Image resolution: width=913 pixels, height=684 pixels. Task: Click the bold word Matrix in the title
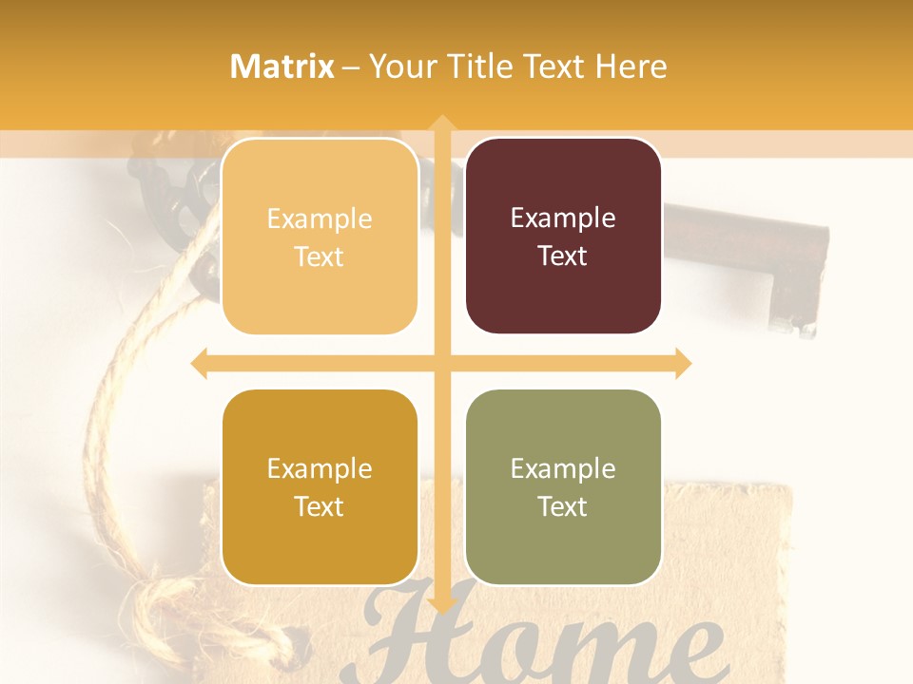(x=282, y=66)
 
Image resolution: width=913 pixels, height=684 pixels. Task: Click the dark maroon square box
(x=563, y=236)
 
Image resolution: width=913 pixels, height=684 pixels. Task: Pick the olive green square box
(x=563, y=486)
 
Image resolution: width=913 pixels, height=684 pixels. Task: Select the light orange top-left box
(x=320, y=236)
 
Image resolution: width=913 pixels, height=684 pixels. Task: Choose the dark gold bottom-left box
(x=320, y=486)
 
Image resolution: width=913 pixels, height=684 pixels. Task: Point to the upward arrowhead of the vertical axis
(x=441, y=123)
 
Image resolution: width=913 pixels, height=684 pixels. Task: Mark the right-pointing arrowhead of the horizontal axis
(x=683, y=363)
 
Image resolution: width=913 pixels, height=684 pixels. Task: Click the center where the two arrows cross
(x=441, y=363)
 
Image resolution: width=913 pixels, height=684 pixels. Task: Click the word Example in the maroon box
(x=563, y=218)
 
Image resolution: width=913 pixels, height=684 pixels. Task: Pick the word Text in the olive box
(x=563, y=506)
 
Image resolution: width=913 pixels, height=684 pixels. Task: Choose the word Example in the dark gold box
(x=320, y=468)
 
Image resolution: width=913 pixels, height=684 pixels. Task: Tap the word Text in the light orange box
(x=320, y=256)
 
